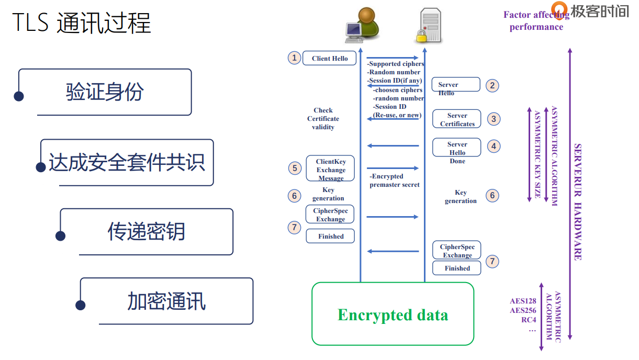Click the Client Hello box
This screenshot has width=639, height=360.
pyautogui.click(x=330, y=58)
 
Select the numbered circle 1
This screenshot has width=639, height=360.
pyautogui.click(x=295, y=58)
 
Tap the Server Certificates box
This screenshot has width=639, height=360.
pyautogui.click(x=457, y=119)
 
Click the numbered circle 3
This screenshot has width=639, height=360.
pyautogui.click(x=494, y=119)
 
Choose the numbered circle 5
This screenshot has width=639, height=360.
pyautogui.click(x=295, y=168)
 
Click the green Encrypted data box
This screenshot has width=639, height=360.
pyautogui.click(x=393, y=314)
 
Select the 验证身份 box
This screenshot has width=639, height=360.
pyautogui.click(x=105, y=92)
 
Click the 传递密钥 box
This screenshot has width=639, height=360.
pyautogui.click(x=147, y=231)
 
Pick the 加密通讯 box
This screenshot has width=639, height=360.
pyautogui.click(x=166, y=301)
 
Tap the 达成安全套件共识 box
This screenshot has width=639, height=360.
pyautogui.click(x=127, y=162)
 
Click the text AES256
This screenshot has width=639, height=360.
pyautogui.click(x=523, y=310)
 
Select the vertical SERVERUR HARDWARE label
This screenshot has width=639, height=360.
pyautogui.click(x=578, y=201)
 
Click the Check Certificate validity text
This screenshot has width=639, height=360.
pyautogui.click(x=323, y=119)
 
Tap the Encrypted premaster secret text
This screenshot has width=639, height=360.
pyautogui.click(x=395, y=181)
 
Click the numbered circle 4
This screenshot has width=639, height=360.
pyautogui.click(x=494, y=146)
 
